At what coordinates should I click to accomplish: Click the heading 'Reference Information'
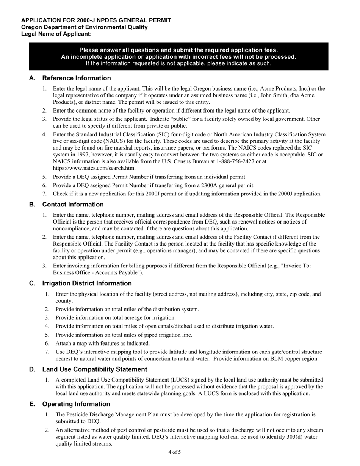click(77, 78)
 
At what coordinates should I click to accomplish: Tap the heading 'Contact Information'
click(73, 205)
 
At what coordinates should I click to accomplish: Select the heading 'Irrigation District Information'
click(87, 283)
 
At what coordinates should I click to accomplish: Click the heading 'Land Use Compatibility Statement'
click(95, 369)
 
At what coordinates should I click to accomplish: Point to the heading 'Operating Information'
click(76, 404)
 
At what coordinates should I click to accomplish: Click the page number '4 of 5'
click(175, 452)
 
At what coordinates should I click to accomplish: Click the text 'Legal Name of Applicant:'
click(56, 34)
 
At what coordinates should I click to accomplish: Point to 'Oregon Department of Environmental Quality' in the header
click(85, 27)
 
